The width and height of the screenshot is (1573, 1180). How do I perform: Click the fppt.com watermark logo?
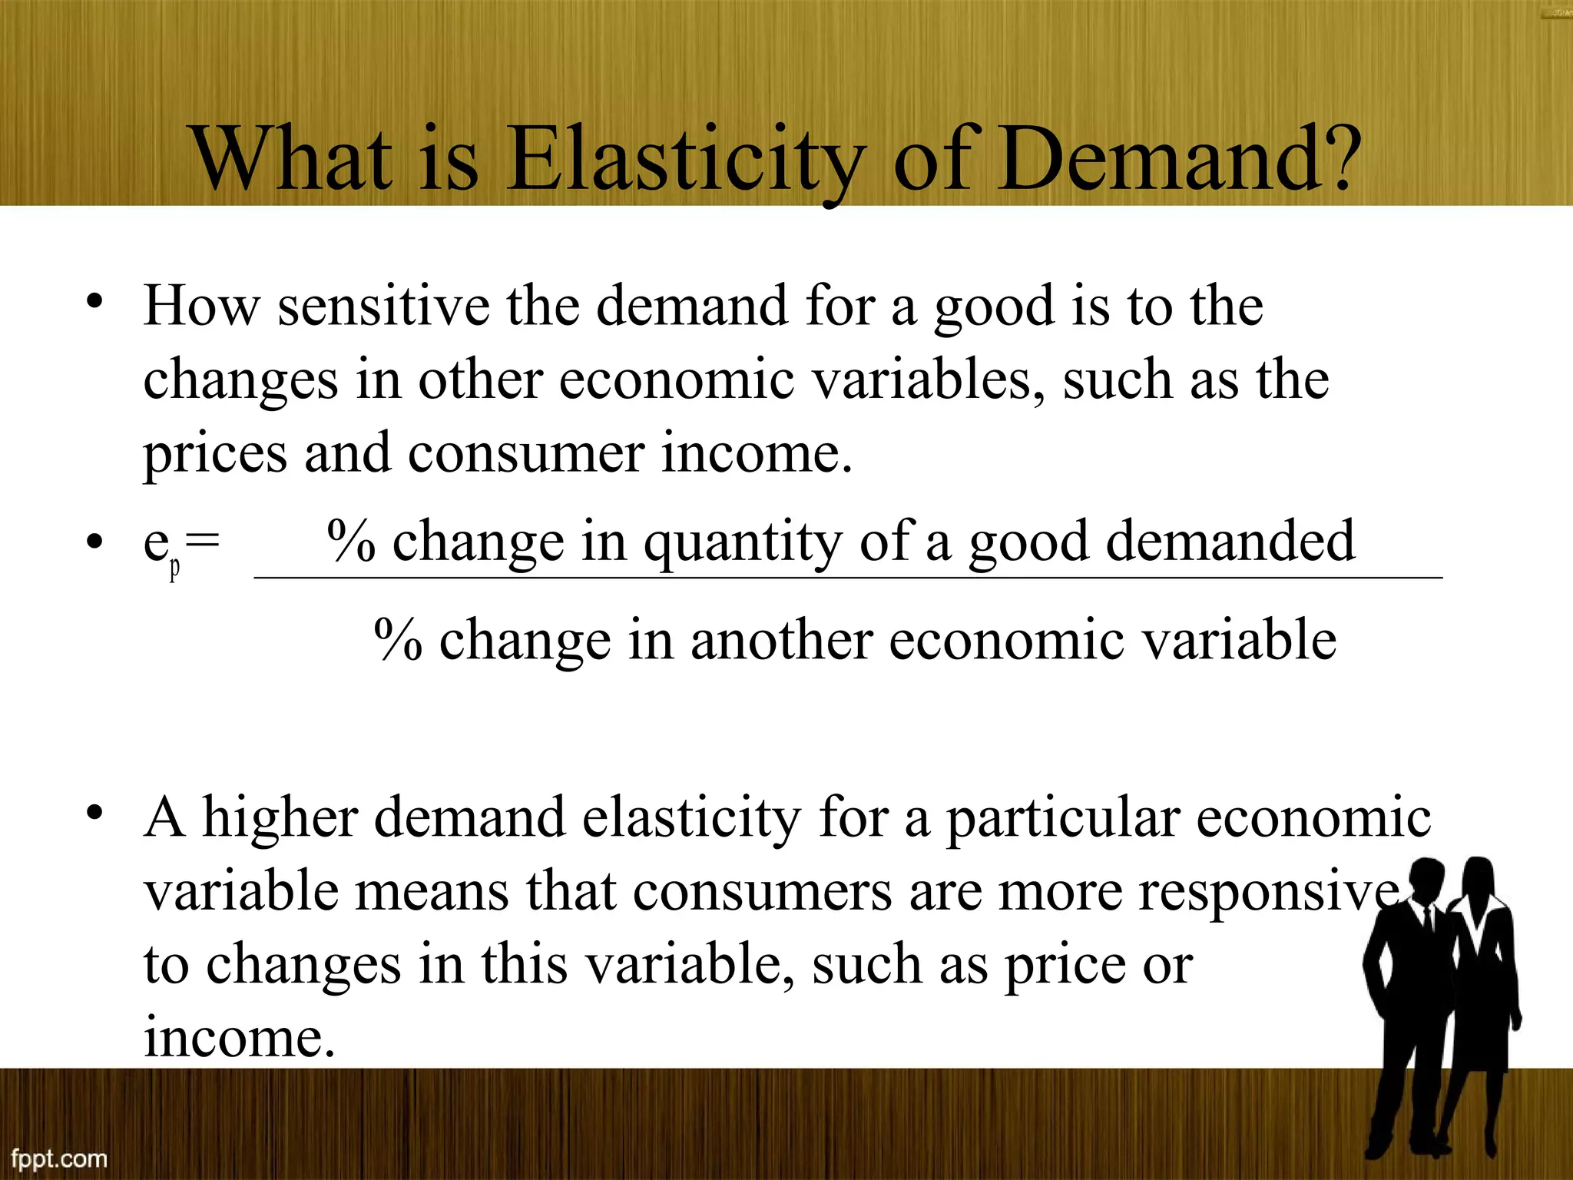pos(59,1158)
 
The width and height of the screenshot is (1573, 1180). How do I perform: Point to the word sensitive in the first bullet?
pos(383,307)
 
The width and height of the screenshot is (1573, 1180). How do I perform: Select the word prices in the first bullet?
pos(215,455)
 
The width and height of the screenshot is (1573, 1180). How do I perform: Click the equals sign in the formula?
pos(203,542)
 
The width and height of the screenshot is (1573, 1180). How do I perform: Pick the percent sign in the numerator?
pos(351,541)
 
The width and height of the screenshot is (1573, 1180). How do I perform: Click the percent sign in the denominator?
pos(398,640)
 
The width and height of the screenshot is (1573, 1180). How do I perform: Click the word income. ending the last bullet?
pos(240,1037)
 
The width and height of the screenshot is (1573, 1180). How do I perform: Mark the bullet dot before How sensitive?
pos(94,301)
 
